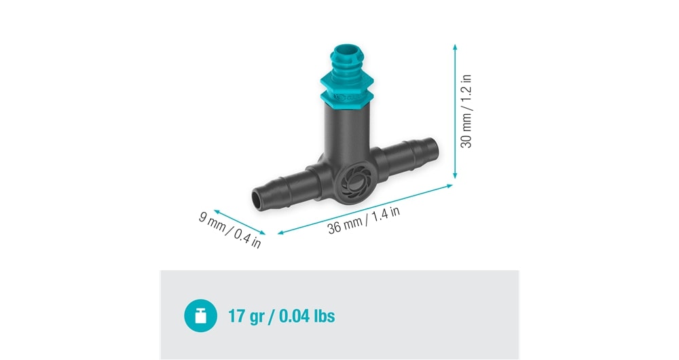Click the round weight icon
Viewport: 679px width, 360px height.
[200, 316]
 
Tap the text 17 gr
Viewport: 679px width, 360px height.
[246, 317]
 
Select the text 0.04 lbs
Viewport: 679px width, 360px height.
[307, 316]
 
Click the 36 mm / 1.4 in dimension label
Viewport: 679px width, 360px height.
[363, 220]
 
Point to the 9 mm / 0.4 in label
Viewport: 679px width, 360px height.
[230, 230]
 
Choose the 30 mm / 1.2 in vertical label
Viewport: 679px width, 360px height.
[466, 111]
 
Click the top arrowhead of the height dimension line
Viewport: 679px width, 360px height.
[455, 47]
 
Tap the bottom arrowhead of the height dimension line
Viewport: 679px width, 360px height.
[455, 175]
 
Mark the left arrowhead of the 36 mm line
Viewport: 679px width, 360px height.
[280, 232]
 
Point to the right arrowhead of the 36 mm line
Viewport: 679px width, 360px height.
[449, 186]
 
